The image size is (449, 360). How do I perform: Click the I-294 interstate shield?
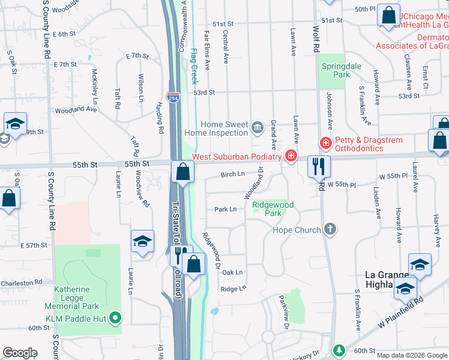coord(173,97)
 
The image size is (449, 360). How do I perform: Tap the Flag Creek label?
coord(193,66)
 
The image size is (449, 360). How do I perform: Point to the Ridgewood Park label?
coord(273,209)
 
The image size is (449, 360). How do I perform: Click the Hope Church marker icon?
coord(329,229)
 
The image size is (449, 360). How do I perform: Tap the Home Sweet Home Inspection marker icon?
coord(258,127)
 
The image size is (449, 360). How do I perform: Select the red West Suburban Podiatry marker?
coord(291,156)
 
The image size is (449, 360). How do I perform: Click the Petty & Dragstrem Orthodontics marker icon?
coord(325,143)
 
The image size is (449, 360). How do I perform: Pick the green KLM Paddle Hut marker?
coord(116,319)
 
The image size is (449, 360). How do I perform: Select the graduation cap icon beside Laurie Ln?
coord(142,241)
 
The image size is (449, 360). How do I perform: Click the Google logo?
coord(20,353)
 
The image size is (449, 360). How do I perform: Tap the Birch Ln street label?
coord(233,175)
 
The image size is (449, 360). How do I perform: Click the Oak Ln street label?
coord(232,272)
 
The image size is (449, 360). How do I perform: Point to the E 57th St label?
coord(33,246)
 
